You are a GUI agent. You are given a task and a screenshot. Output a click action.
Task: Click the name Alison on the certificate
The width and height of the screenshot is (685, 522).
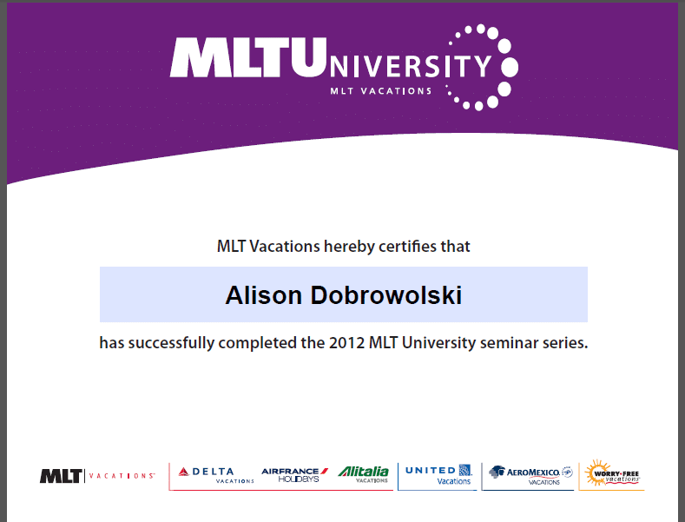263,295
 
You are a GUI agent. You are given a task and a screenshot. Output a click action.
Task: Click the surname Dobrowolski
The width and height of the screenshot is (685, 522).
386,295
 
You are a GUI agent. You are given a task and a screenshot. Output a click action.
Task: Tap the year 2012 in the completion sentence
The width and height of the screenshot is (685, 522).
347,343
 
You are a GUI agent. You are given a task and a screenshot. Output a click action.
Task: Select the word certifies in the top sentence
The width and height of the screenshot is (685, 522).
407,247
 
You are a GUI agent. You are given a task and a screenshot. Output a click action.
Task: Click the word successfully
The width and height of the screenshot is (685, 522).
171,344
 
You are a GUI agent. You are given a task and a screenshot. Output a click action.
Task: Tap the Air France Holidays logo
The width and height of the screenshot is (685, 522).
294,475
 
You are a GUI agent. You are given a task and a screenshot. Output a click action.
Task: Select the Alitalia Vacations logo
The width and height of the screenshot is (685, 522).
364,474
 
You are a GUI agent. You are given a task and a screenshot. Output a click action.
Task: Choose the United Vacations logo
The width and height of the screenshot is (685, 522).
438,475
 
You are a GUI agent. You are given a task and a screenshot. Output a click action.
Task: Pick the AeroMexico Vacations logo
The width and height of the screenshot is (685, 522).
530,475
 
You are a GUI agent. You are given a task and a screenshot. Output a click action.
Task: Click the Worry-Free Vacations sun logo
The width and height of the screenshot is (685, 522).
612,473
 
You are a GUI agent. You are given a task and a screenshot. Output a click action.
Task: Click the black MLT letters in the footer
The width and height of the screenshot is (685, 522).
61,476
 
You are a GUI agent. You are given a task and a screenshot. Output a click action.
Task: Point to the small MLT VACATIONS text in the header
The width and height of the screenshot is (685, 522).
381,91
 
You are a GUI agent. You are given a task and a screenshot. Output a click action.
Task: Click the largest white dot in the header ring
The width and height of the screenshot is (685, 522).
510,67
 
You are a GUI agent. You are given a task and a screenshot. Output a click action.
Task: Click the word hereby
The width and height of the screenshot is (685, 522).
349,248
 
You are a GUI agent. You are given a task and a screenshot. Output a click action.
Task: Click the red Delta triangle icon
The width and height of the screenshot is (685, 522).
183,472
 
